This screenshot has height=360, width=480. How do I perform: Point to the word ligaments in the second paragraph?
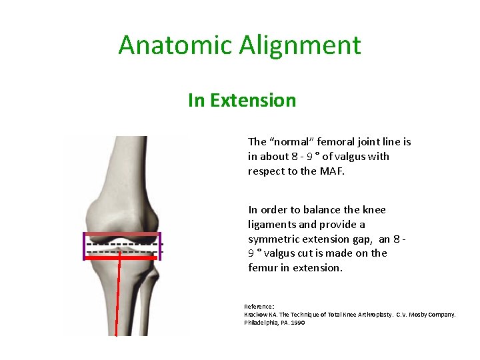[270, 225]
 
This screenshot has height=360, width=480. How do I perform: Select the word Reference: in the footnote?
[258, 307]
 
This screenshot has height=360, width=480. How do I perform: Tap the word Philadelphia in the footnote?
[260, 322]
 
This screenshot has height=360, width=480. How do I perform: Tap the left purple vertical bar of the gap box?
[85, 246]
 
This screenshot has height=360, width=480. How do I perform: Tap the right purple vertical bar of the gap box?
[160, 246]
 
